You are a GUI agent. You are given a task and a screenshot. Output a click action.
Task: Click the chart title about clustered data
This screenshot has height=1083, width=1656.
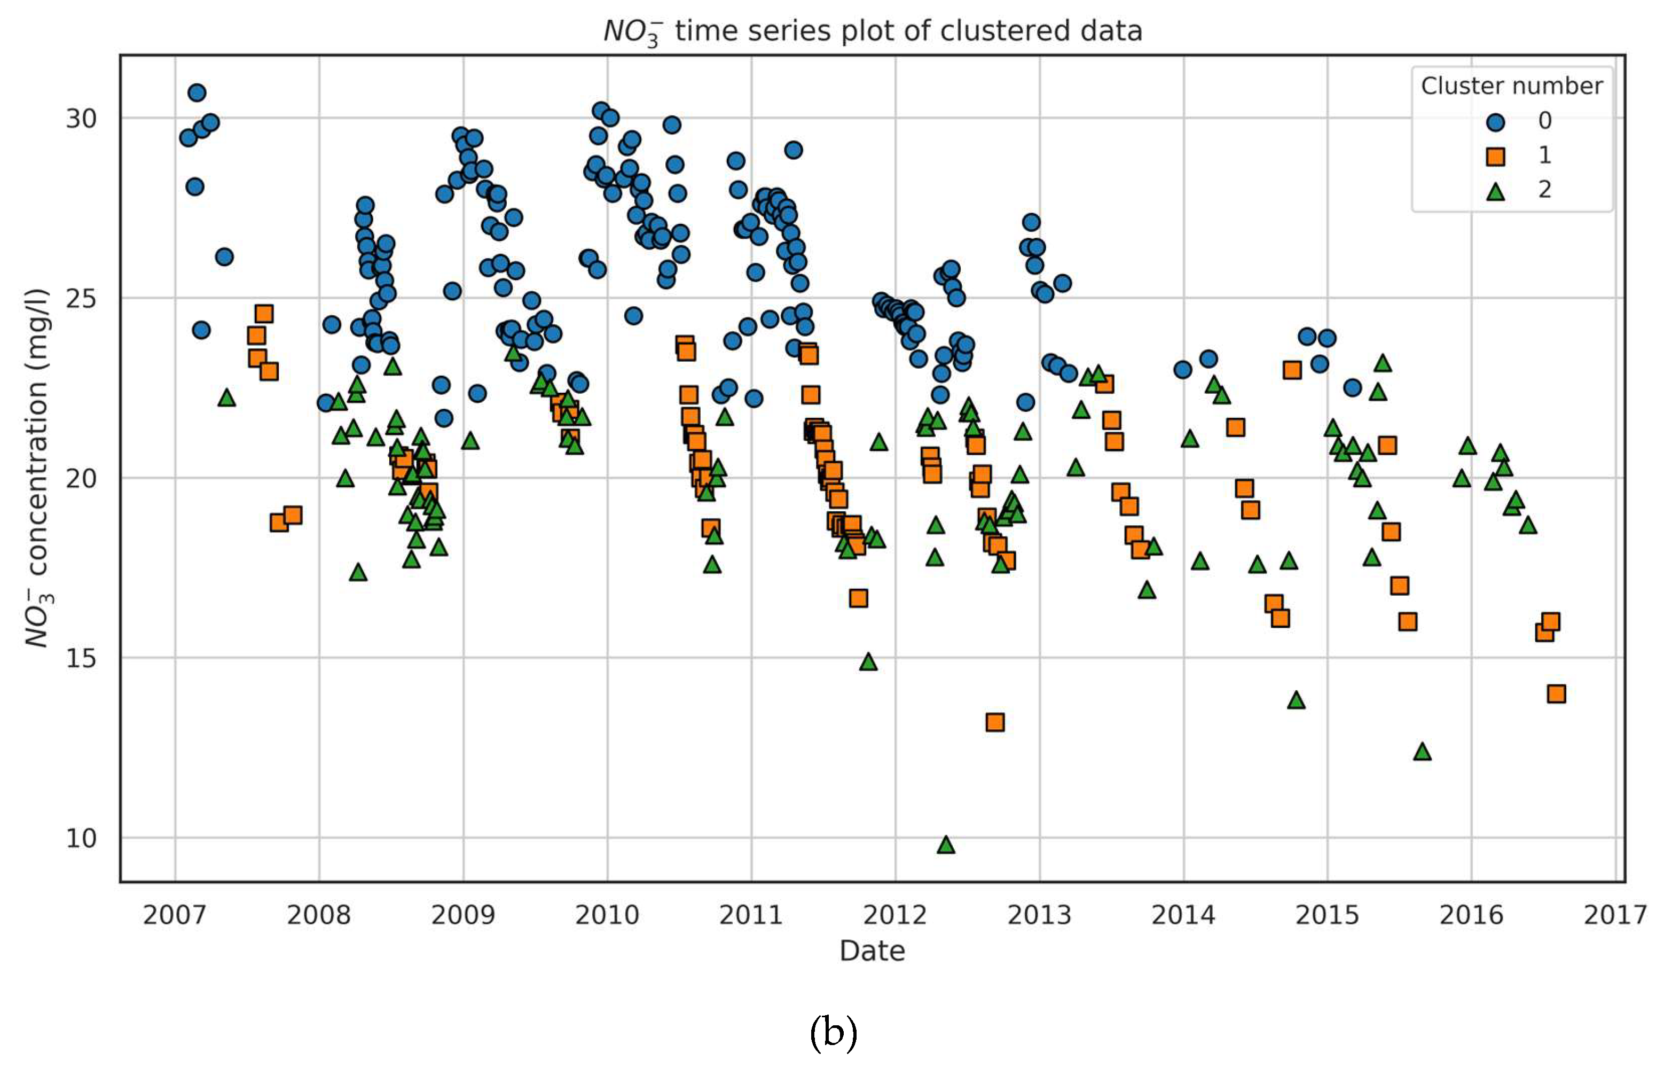coord(873,32)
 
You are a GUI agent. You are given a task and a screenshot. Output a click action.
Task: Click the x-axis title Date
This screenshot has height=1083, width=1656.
coord(872,950)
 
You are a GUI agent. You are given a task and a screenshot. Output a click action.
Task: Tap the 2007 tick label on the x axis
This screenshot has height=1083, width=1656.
coord(175,915)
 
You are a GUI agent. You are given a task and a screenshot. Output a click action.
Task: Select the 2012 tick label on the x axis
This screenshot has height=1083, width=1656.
coord(895,915)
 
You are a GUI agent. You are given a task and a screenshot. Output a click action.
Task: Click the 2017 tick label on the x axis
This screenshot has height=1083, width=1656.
coord(1615,915)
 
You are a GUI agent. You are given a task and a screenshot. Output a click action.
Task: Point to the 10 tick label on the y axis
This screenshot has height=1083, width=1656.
coord(81,838)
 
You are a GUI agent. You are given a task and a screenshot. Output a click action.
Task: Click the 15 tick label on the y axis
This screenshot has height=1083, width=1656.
coord(81,658)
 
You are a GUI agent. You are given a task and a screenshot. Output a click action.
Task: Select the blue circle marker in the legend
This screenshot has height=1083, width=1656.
coord(1495,122)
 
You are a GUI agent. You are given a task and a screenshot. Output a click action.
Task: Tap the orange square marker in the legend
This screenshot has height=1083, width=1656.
coord(1495,157)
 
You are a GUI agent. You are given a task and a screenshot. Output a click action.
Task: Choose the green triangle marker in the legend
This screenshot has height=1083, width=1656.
coord(1495,191)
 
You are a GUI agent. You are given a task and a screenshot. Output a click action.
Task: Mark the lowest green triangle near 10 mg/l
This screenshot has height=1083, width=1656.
coord(946,845)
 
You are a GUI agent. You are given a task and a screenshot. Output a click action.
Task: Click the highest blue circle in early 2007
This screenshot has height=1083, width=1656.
coord(197,92)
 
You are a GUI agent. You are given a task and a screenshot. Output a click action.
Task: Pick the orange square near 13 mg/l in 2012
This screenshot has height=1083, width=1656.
coord(995,722)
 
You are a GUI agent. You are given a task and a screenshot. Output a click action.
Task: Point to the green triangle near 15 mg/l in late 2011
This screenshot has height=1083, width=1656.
coord(868,662)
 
